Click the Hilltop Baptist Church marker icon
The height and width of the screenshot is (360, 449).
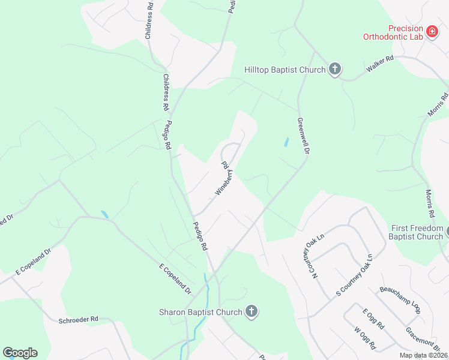[335, 70]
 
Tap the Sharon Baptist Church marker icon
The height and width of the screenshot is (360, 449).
[252, 311]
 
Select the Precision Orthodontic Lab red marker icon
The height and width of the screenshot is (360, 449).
[432, 31]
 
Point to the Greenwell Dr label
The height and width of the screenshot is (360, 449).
[303, 137]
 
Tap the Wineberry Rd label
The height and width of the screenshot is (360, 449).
[223, 179]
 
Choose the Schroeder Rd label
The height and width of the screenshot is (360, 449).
[78, 319]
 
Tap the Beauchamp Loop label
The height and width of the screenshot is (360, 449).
[399, 299]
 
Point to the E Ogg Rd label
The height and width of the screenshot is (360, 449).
[373, 320]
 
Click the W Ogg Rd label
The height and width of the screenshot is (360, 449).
[365, 338]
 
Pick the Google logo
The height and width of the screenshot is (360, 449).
[20, 353]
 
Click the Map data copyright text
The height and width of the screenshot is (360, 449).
[423, 355]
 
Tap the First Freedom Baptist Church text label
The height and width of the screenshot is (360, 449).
[417, 232]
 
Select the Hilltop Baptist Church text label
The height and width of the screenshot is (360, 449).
[285, 70]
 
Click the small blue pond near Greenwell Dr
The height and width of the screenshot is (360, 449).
[286, 143]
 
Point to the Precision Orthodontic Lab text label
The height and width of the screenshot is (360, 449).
[393, 32]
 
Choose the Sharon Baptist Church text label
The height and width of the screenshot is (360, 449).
[200, 311]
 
